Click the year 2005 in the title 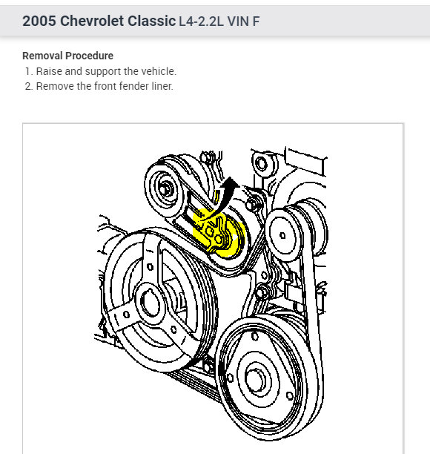pos(39,21)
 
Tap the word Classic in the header pos(152,21)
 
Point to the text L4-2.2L pos(201,22)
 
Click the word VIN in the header pos(238,22)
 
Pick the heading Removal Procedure pos(67,56)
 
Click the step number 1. pos(27,71)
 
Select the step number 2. pos(28,86)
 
